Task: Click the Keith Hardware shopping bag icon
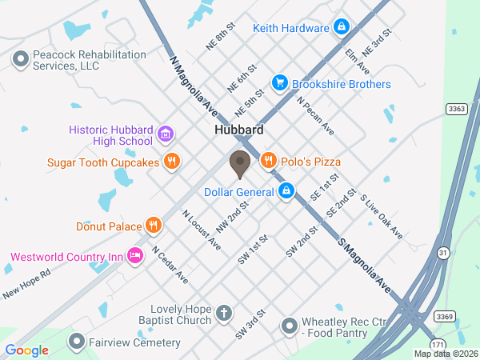tap(342, 28)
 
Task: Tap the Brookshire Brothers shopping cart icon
tap(279, 83)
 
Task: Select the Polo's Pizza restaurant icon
tap(268, 161)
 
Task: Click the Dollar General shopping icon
tap(286, 191)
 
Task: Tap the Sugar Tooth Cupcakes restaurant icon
tap(171, 162)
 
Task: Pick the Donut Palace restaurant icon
tap(153, 226)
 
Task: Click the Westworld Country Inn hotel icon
tap(135, 257)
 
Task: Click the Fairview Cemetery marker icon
tap(77, 342)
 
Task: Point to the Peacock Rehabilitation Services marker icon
tap(20, 58)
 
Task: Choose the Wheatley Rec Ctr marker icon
tap(289, 326)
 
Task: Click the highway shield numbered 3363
tap(457, 109)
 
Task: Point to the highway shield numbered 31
tap(442, 253)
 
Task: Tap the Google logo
tap(27, 350)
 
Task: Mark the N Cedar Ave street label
tap(170, 266)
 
